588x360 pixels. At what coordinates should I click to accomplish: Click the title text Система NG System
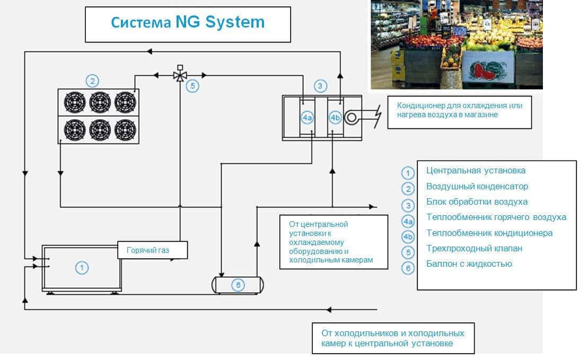click(x=188, y=23)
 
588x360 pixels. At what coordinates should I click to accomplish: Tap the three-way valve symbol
click(x=180, y=75)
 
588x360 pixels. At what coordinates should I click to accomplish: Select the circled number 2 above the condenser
click(x=92, y=81)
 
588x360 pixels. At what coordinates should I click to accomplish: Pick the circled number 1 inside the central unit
click(x=81, y=268)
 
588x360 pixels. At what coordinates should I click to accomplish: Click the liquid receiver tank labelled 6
click(x=238, y=285)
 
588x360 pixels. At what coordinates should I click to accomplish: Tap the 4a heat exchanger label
click(x=308, y=118)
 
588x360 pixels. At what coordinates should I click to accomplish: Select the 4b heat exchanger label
click(x=335, y=118)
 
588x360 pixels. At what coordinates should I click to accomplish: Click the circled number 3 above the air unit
click(x=320, y=85)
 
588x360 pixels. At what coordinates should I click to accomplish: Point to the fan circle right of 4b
click(x=351, y=118)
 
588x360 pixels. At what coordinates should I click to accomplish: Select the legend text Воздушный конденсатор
click(x=477, y=187)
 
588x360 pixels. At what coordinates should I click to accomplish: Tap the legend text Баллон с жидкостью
click(x=469, y=264)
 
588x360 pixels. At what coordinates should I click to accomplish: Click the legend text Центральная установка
click(x=476, y=171)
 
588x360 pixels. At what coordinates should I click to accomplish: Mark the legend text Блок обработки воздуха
click(x=477, y=202)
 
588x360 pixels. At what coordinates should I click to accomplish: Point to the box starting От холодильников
click(x=392, y=338)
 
